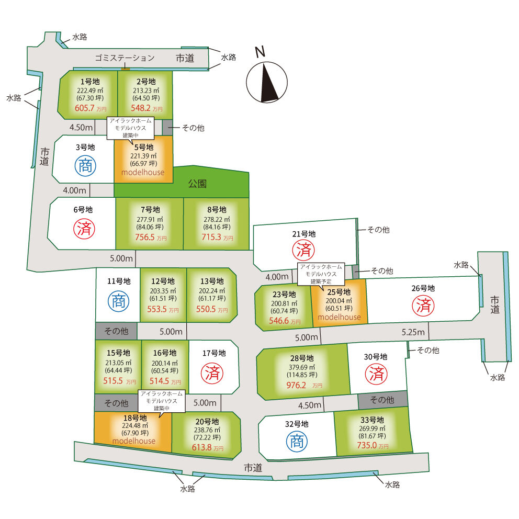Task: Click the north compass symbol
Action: point(266,81)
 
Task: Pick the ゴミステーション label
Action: point(125,58)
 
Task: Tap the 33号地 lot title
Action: point(373,420)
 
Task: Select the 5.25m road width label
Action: point(413,332)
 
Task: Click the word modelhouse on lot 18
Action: point(133,441)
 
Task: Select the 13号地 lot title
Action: point(211,281)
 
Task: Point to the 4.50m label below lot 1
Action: point(81,127)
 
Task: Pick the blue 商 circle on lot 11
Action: point(118,301)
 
